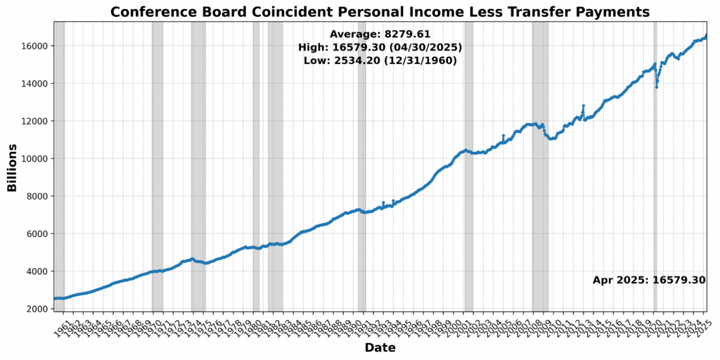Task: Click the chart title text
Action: click(x=380, y=12)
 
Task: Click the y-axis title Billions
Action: click(x=12, y=167)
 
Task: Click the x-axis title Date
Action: click(x=380, y=347)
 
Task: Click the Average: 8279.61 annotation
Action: click(x=380, y=34)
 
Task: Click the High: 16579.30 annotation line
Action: click(x=380, y=47)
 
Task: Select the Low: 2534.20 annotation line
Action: click(x=380, y=61)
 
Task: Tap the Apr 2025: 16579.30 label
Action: click(x=648, y=280)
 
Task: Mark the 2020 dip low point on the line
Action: click(x=657, y=86)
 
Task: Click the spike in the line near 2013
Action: click(x=584, y=106)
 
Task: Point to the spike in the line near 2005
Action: click(x=503, y=136)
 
